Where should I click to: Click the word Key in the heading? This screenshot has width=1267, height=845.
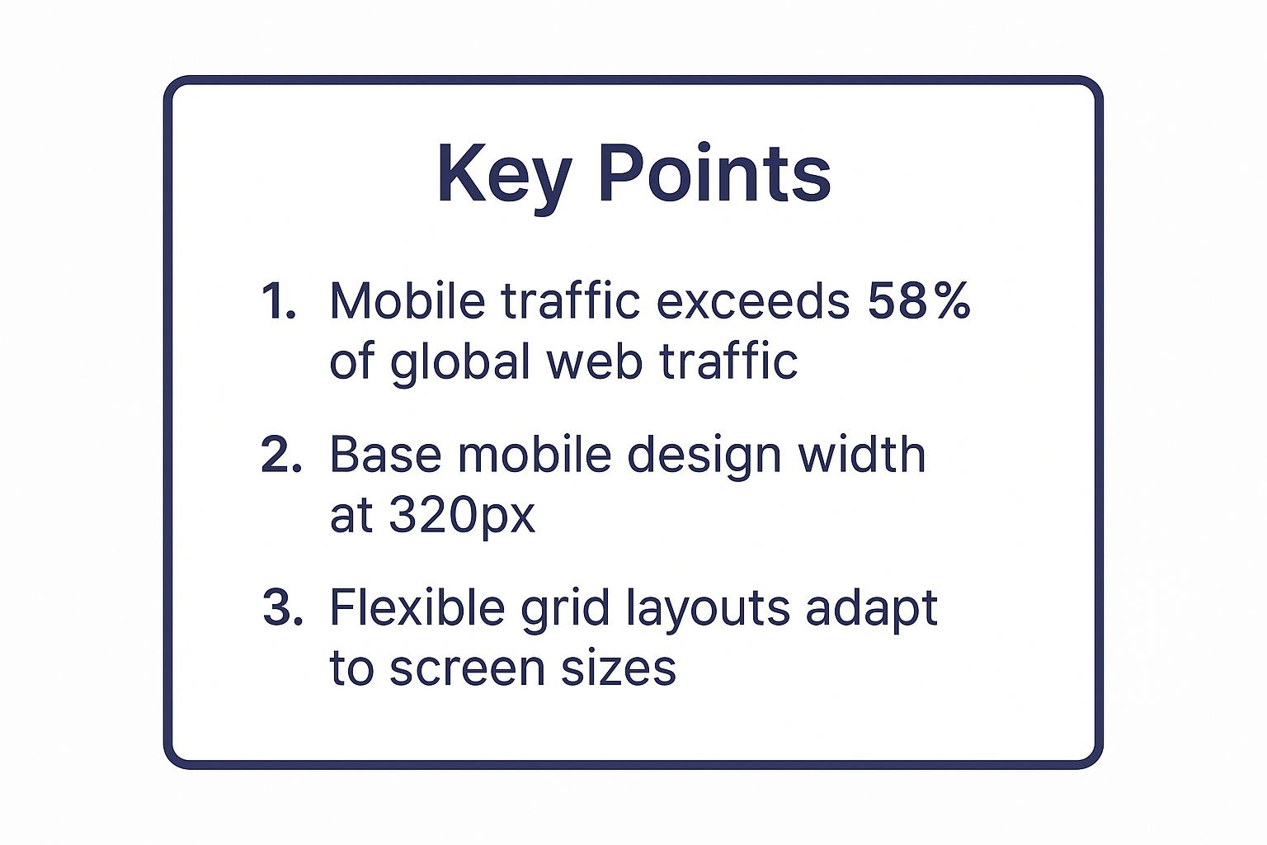tap(503, 175)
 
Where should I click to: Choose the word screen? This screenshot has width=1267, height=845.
tap(468, 669)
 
